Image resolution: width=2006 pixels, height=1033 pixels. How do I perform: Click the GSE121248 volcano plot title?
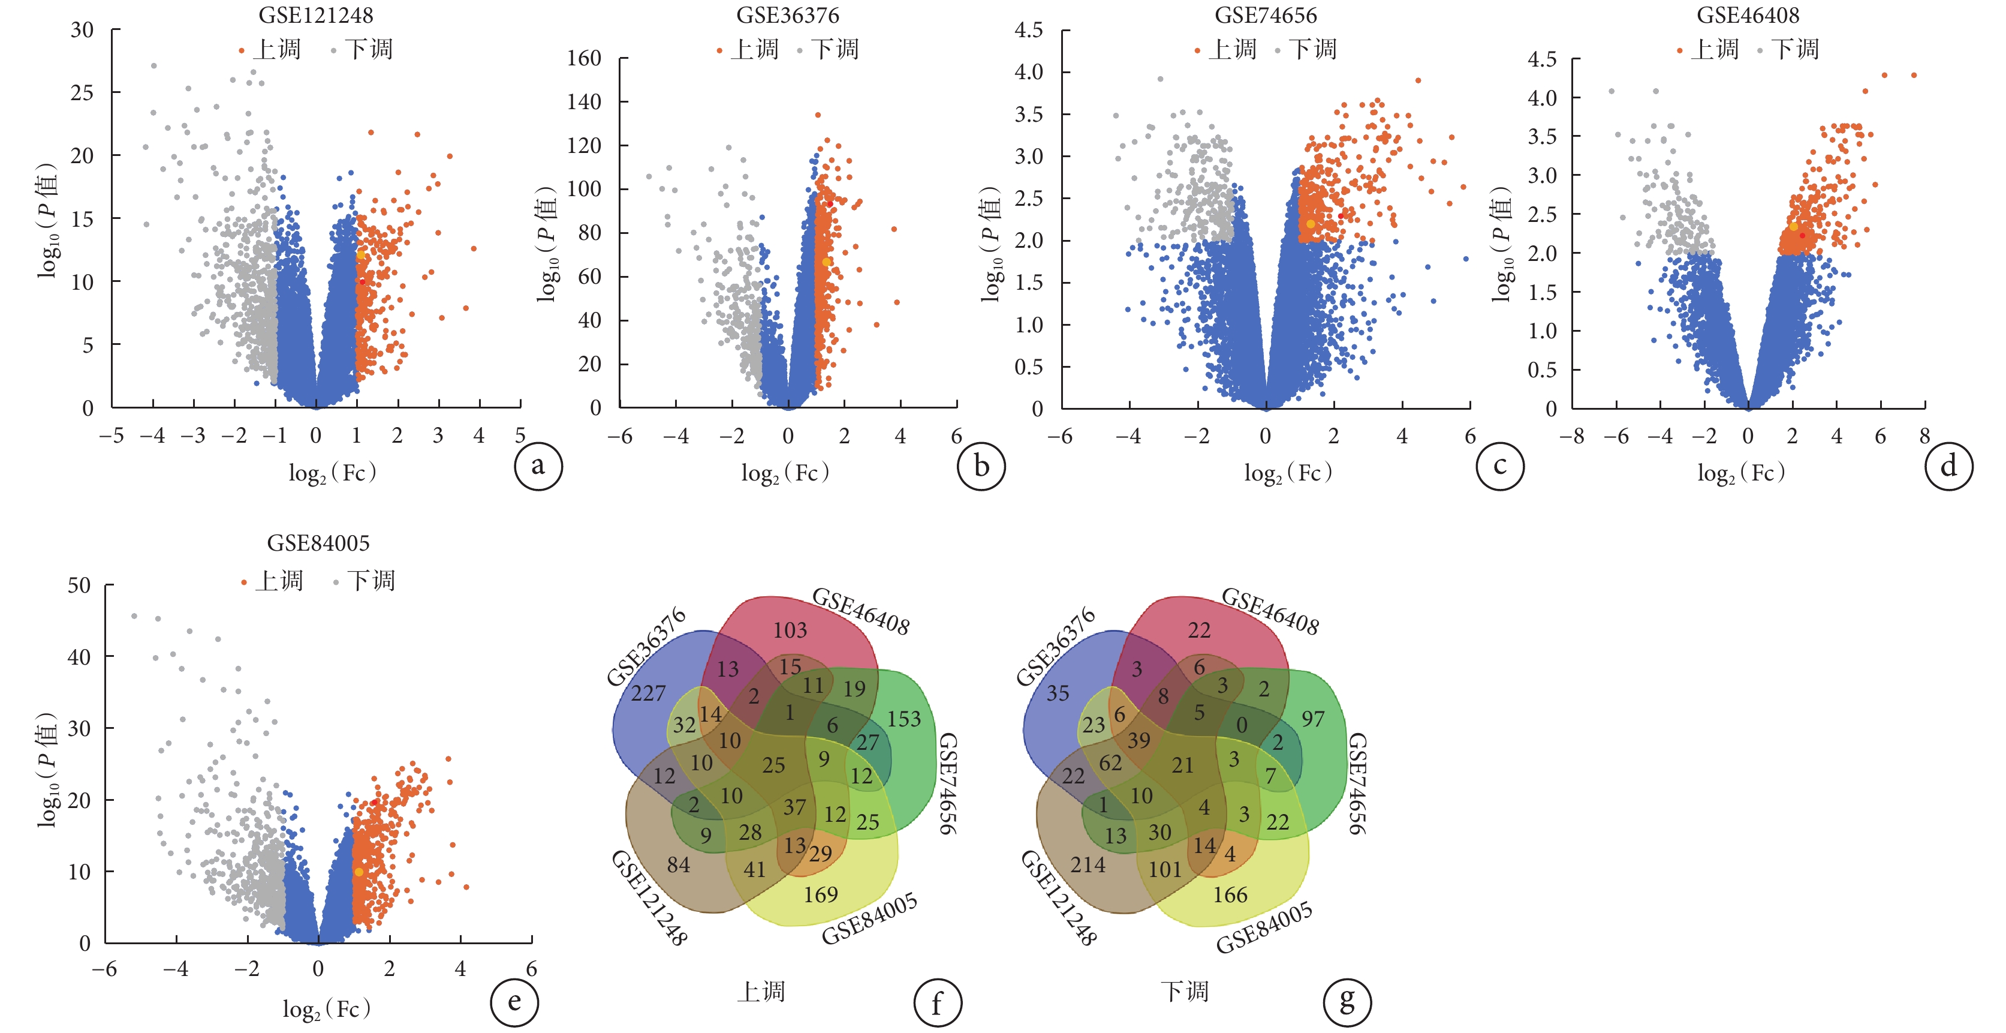[x=315, y=15]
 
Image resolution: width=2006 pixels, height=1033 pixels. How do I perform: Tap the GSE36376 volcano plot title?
[x=787, y=15]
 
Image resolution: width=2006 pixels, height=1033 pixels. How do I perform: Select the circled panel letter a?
[x=537, y=466]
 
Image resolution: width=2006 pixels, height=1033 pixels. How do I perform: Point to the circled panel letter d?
[x=1948, y=466]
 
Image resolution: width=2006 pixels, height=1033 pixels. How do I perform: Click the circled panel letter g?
[x=1347, y=1002]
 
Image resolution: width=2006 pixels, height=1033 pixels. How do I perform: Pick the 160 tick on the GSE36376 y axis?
[x=584, y=58]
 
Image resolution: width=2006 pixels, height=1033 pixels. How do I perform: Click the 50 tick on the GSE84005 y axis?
[x=79, y=585]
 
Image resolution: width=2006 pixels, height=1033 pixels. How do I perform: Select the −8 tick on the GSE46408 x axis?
[x=1571, y=436]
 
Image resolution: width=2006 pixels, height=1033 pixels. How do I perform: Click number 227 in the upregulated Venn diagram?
[x=648, y=692]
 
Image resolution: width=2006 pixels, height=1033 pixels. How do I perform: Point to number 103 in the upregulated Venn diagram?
[x=790, y=629]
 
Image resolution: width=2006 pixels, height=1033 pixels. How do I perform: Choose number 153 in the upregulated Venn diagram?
[x=903, y=718]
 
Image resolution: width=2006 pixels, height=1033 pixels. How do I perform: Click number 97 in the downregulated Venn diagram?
[x=1313, y=718]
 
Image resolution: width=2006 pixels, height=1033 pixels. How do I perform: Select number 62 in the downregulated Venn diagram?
[x=1110, y=762]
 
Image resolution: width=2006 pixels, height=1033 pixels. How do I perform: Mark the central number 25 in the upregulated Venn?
[x=773, y=765]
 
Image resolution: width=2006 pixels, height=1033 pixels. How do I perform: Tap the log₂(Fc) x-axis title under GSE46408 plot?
[x=1741, y=472]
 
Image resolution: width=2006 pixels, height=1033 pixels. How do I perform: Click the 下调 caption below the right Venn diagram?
[x=1185, y=991]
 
